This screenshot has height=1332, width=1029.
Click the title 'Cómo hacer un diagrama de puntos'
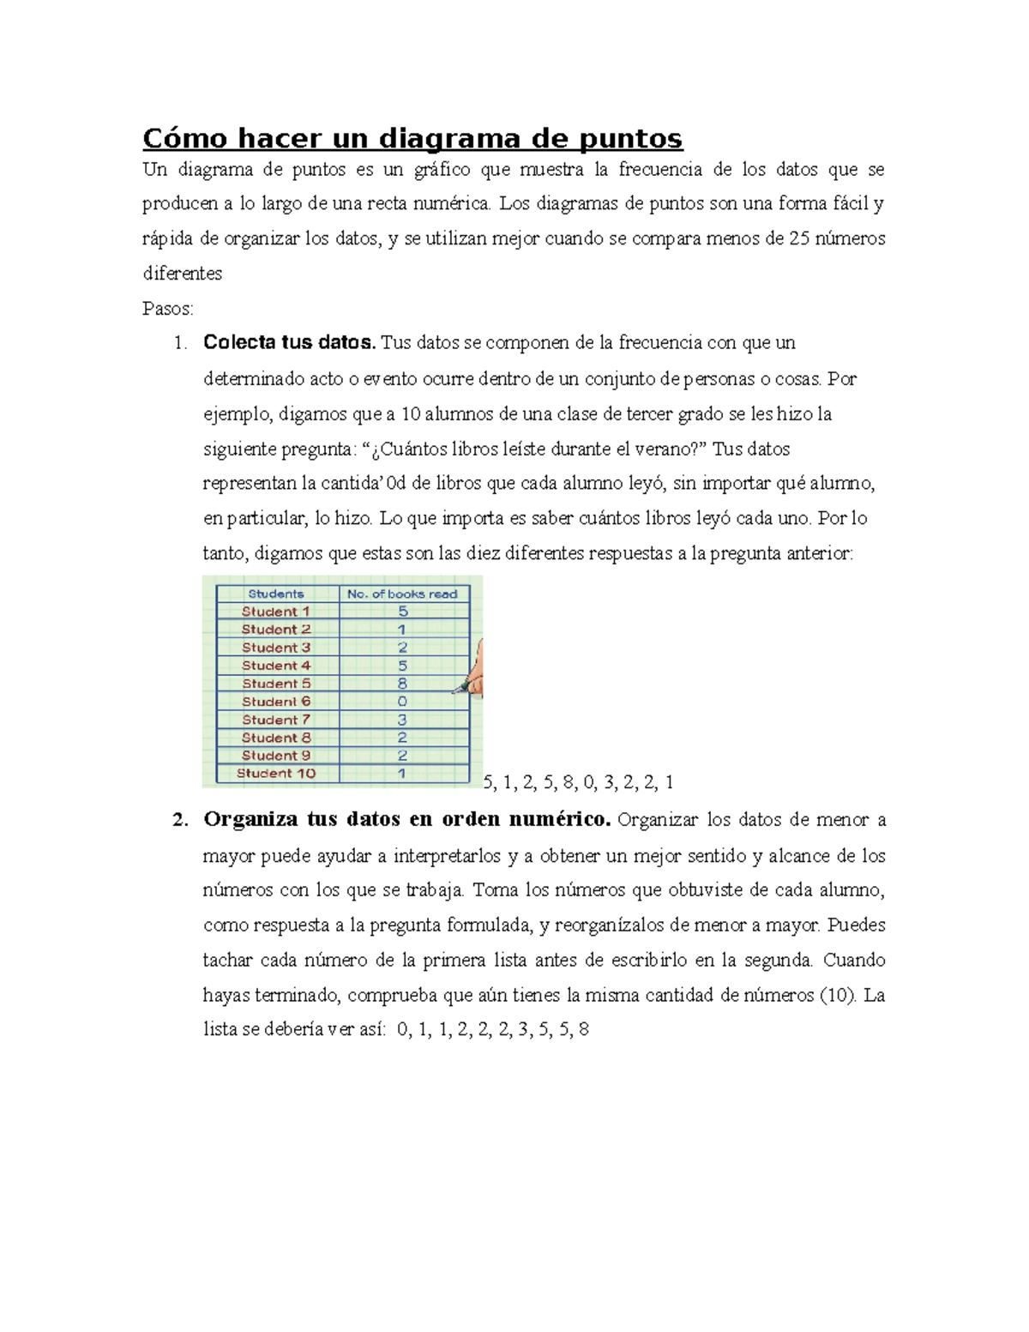(x=412, y=137)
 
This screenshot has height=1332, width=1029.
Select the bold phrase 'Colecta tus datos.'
(x=289, y=343)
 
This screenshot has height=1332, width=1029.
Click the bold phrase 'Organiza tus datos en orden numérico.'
(x=406, y=820)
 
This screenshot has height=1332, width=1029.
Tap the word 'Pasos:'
(x=168, y=309)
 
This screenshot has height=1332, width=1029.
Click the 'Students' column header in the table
(x=276, y=594)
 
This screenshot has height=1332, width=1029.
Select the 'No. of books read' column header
(x=402, y=594)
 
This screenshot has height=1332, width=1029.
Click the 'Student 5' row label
(x=276, y=684)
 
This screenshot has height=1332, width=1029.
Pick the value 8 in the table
(x=402, y=684)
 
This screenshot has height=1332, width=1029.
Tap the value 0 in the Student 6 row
(x=402, y=702)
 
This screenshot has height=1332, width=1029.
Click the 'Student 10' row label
(x=276, y=774)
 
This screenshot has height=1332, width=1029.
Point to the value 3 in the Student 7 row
(x=402, y=720)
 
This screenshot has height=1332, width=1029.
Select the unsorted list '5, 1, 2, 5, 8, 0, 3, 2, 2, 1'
(x=579, y=782)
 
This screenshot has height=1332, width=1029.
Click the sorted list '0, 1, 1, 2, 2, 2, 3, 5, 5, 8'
(x=494, y=1030)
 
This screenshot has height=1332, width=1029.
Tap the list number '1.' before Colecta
(x=179, y=343)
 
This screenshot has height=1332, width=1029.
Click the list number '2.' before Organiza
(x=179, y=820)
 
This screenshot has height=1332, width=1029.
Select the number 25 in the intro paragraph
(x=798, y=238)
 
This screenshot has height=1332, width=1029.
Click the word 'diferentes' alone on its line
(x=182, y=274)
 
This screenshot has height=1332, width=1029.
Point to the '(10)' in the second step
(x=837, y=995)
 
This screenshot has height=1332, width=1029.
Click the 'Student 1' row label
(x=276, y=612)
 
